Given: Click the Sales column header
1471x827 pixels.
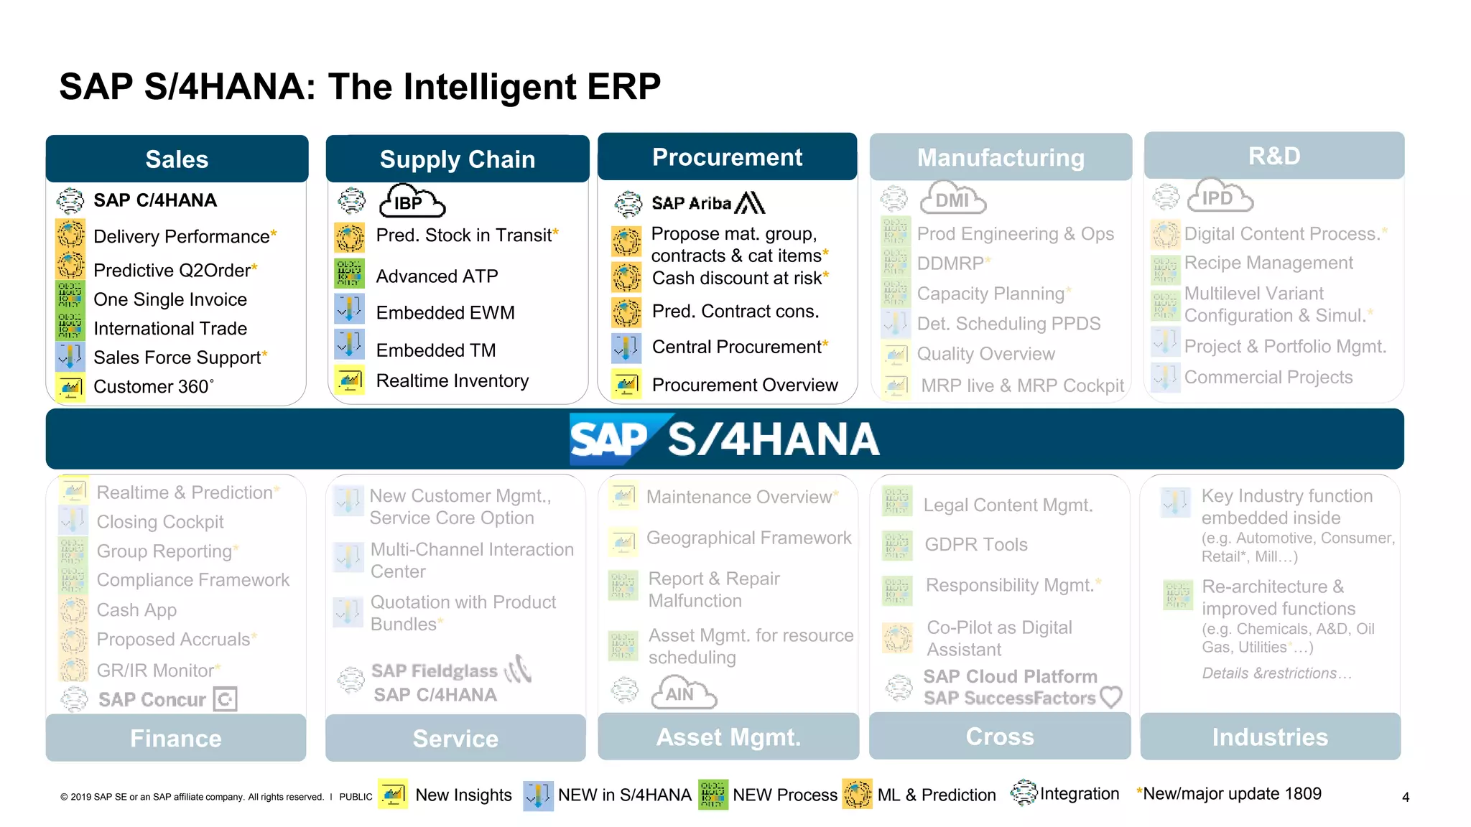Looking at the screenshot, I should coord(177,159).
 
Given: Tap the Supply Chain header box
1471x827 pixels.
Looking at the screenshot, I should coord(458,159).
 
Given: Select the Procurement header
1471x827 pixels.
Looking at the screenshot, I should coord(727,157).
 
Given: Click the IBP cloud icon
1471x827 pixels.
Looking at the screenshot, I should coord(412,202).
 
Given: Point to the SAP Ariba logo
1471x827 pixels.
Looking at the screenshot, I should coord(707,203).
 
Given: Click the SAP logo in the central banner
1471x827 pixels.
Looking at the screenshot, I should coord(611,439).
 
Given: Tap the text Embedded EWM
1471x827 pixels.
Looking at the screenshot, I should coord(445,313).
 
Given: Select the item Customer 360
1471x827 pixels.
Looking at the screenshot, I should coord(153,387).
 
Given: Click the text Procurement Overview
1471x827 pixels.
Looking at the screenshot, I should coord(745,386).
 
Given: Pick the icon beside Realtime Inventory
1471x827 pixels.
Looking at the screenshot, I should coord(350,380).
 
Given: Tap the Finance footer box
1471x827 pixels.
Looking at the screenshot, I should coord(176,738).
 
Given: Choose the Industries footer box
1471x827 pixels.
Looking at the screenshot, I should coord(1270,737).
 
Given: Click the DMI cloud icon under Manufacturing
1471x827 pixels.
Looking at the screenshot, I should coord(952,200).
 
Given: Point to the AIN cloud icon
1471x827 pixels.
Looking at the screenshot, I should coord(682,693).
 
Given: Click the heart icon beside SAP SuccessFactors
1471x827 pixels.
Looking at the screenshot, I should coord(1111,696).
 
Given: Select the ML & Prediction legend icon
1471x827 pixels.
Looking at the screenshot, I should coord(857,795).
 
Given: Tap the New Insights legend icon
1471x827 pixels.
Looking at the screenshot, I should coord(393,795).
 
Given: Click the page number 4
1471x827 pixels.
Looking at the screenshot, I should coord(1406,797).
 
